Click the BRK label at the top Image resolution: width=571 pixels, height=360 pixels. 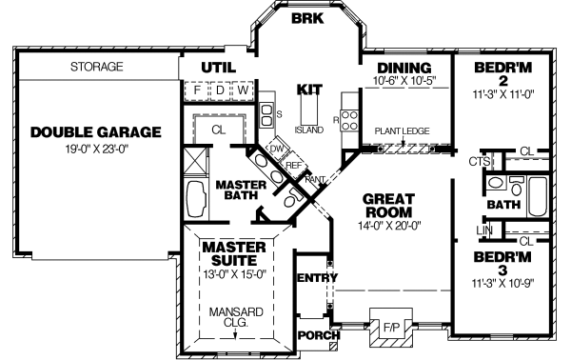(306, 19)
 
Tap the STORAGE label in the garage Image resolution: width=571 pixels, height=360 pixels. (97, 68)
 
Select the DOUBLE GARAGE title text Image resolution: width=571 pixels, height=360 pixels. (94, 131)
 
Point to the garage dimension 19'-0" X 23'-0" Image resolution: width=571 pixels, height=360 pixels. (94, 149)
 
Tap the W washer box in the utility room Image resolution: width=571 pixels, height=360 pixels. (244, 90)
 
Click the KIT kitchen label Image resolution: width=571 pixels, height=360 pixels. (309, 89)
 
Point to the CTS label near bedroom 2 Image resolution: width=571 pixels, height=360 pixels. (481, 162)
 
